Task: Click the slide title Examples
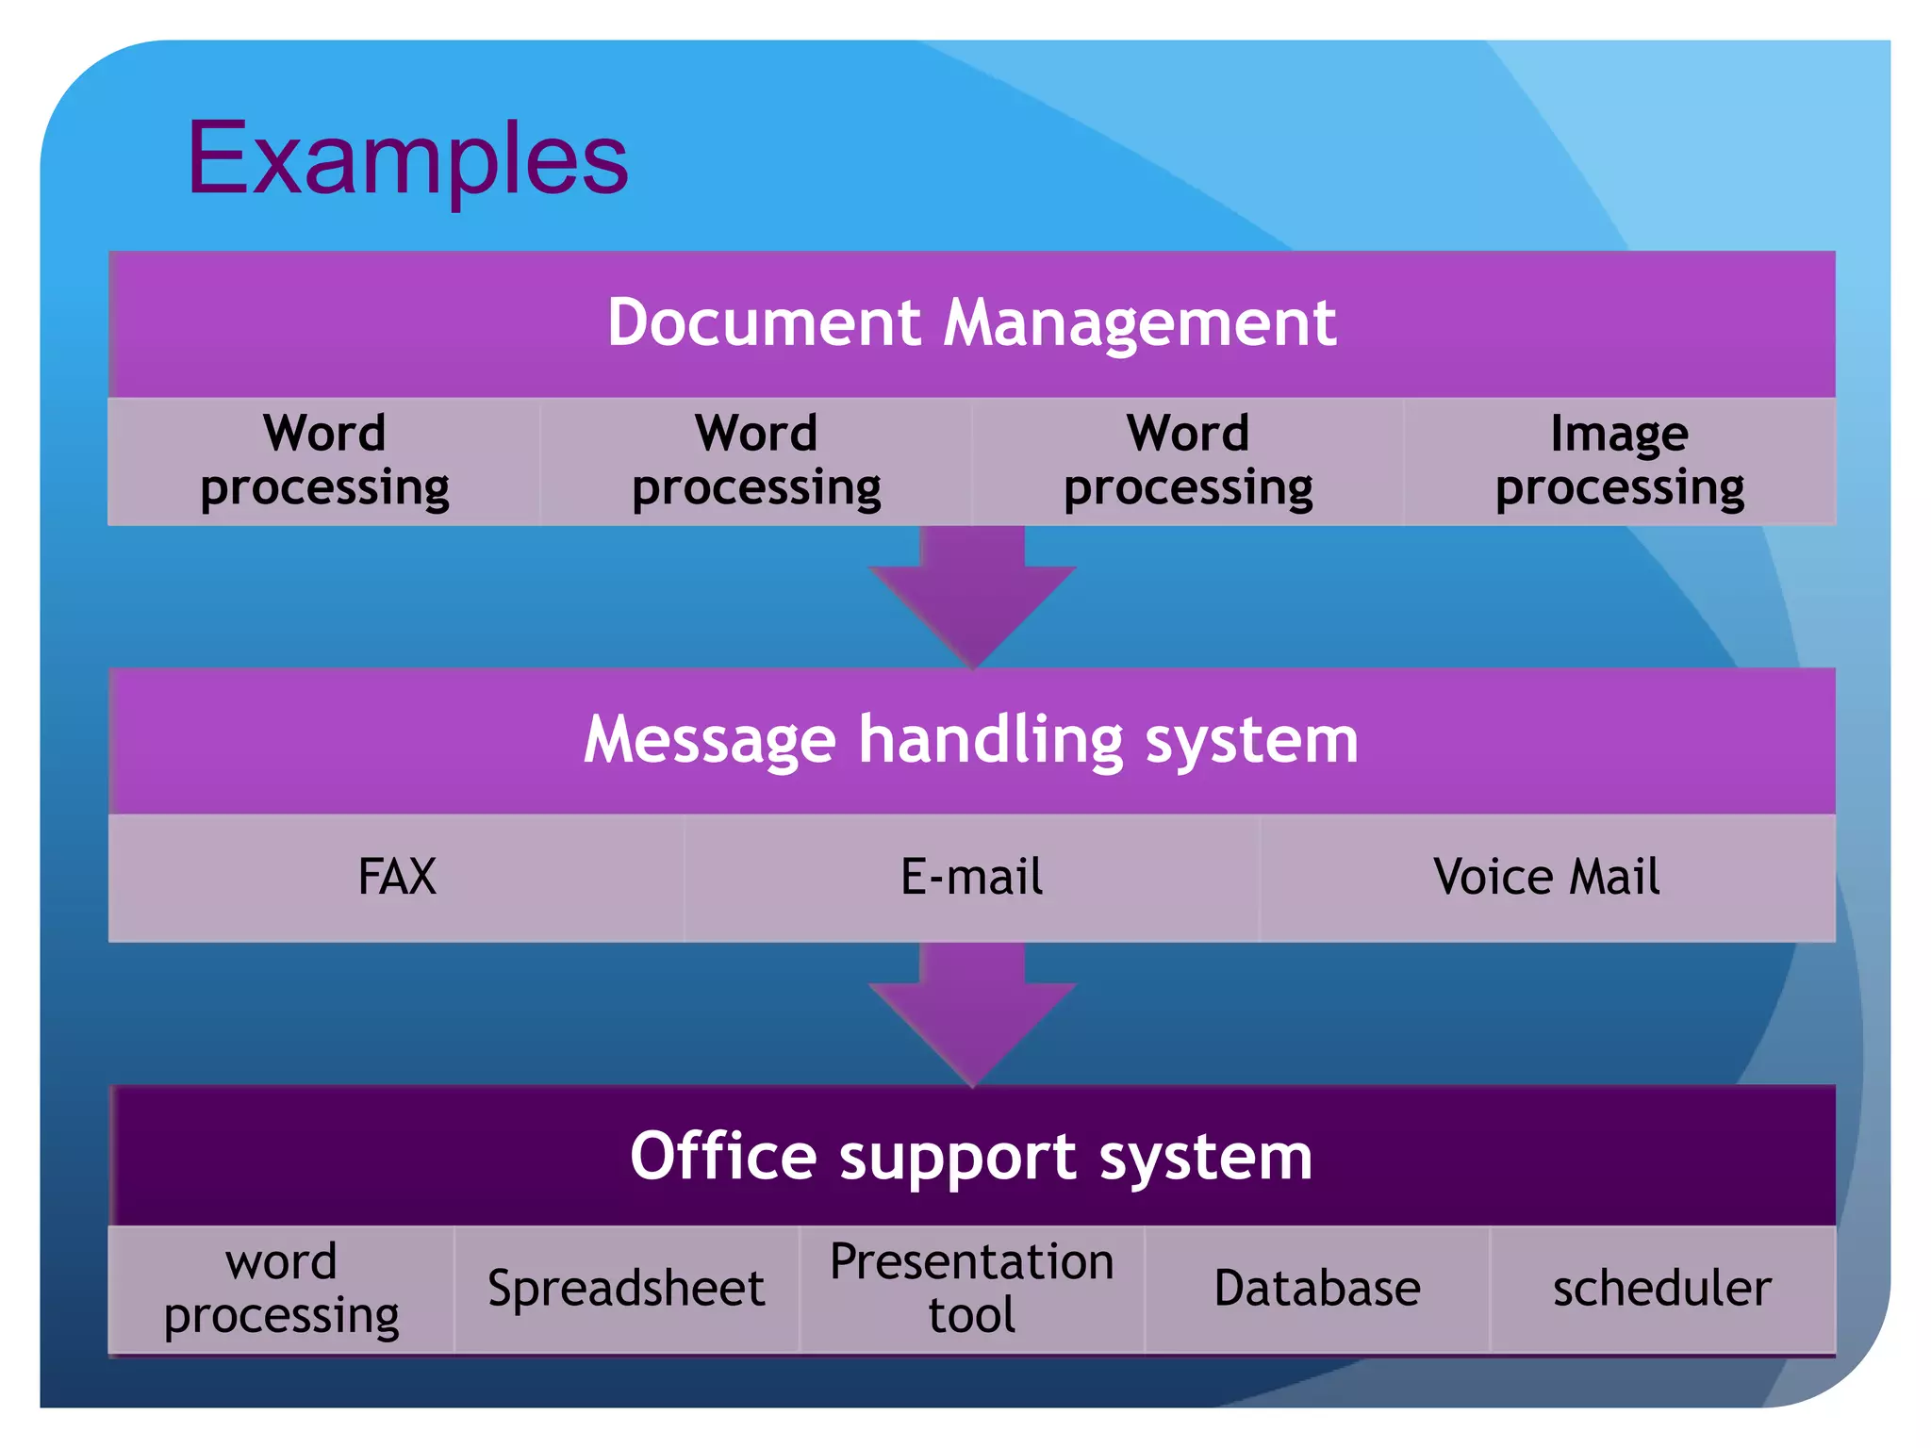[407, 158]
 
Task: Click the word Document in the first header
[763, 322]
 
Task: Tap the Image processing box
[1619, 461]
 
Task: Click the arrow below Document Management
[972, 594]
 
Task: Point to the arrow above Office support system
[972, 1013]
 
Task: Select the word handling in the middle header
[990, 739]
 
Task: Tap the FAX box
[397, 877]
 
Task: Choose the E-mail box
[971, 877]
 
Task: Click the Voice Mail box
[1546, 877]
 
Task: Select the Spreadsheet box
[626, 1289]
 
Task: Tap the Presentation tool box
[971, 1289]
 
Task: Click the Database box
[1317, 1289]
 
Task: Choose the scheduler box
[1662, 1289]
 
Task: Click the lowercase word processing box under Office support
[281, 1289]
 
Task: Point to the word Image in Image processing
[1619, 434]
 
